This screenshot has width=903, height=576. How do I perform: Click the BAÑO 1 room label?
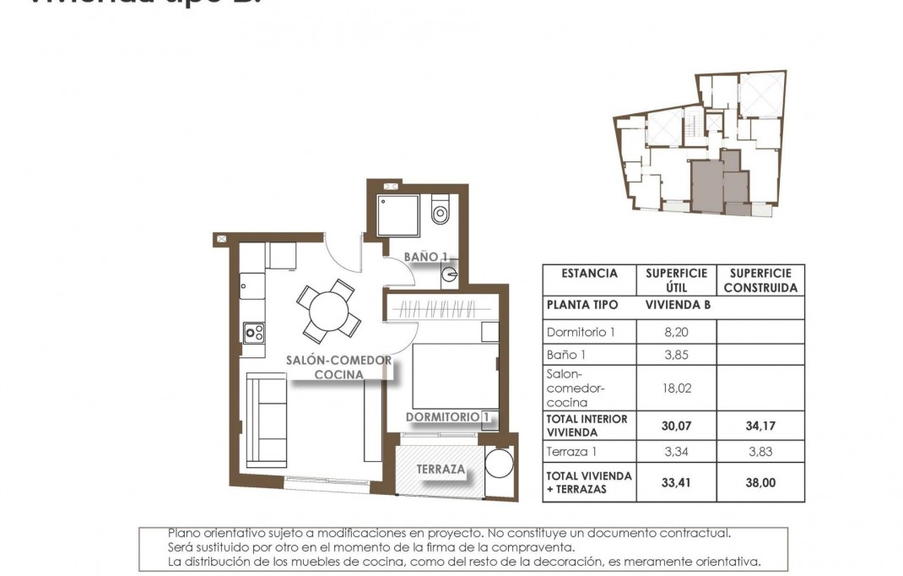coord(425,256)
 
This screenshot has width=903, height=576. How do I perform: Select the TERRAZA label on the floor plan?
coord(440,470)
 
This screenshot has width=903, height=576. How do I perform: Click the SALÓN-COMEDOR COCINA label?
coord(339,367)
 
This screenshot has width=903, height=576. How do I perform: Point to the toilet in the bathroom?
coord(441,211)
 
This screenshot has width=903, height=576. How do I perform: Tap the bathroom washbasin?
coord(449,273)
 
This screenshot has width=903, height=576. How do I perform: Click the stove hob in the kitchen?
coord(253,334)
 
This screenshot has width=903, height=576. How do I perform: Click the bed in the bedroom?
coord(451,375)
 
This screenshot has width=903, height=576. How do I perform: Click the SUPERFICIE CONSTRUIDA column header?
coord(760,280)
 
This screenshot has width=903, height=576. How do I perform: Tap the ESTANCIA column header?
coord(589,274)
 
